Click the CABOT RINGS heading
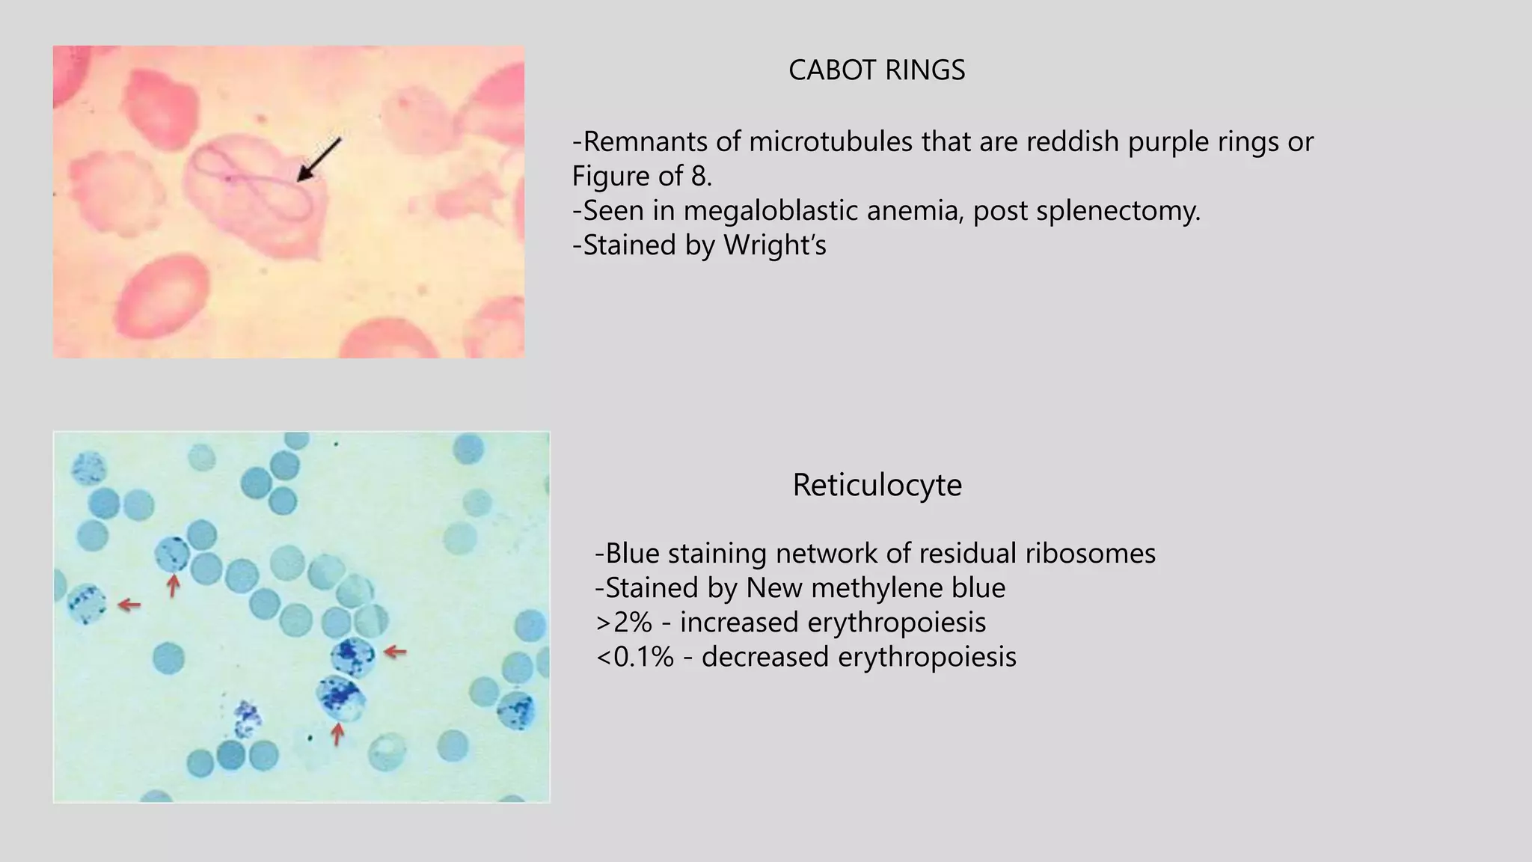877,70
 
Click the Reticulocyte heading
877,485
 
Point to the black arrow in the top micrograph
319,159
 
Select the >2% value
624,623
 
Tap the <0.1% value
634,657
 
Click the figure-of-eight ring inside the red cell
254,182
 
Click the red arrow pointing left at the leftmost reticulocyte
129,605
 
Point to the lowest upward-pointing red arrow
337,734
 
